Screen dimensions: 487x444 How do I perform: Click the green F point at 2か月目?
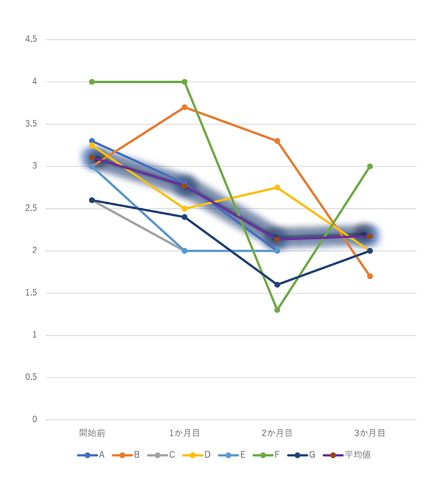(x=277, y=310)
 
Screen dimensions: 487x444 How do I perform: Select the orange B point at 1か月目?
(x=184, y=107)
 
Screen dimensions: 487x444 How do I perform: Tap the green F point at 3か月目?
(x=370, y=166)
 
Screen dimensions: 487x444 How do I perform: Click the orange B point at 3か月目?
(x=370, y=276)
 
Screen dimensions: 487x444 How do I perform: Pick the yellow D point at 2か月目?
(x=277, y=187)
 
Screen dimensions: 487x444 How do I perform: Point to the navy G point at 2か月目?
(x=277, y=284)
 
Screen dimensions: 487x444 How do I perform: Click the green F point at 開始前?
(x=92, y=82)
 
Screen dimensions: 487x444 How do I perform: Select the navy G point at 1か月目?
(x=184, y=217)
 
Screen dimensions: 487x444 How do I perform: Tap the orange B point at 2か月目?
(x=277, y=141)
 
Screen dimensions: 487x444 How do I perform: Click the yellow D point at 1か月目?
(x=184, y=209)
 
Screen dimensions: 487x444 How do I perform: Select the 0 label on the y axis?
(x=34, y=419)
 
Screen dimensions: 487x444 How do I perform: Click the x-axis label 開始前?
(x=92, y=432)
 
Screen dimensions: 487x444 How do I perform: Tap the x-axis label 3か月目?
(x=370, y=432)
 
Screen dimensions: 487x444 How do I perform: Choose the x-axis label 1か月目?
(x=184, y=432)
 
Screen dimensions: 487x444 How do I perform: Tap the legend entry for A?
(x=92, y=455)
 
